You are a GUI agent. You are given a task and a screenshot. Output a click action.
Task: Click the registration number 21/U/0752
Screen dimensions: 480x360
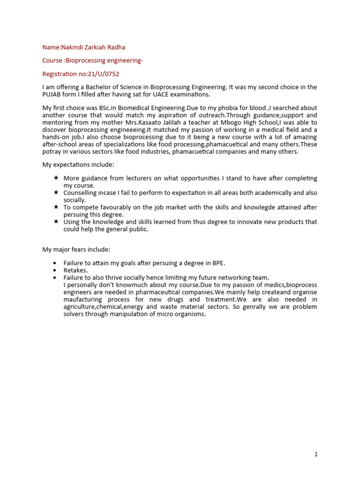(108, 74)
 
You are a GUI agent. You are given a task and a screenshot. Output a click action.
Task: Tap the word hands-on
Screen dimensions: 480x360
(55, 136)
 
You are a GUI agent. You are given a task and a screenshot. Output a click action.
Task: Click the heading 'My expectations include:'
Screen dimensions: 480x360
(78, 165)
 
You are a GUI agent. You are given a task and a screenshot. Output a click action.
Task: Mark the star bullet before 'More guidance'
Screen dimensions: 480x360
(56, 178)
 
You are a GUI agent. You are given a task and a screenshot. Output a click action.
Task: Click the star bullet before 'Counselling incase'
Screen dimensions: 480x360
(56, 193)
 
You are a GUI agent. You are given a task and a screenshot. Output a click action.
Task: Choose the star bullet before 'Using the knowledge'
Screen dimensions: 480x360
(56, 221)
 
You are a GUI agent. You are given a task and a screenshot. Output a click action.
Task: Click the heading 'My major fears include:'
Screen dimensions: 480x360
(76, 249)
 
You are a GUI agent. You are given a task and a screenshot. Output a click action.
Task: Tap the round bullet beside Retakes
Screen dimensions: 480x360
(56, 270)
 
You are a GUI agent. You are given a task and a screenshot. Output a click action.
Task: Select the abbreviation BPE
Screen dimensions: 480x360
(219, 263)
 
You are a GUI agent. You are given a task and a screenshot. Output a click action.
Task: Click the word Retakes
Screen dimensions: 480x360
(75, 270)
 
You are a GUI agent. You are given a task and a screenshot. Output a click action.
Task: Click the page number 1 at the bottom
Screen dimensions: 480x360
(316, 454)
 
